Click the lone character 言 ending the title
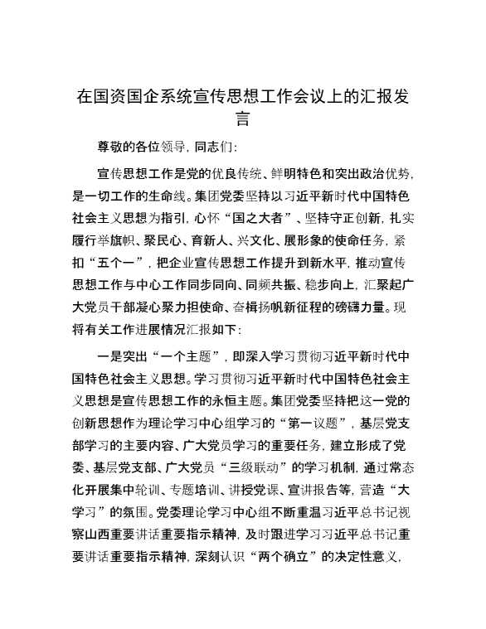pos(243,119)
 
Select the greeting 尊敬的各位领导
pos(143,148)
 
